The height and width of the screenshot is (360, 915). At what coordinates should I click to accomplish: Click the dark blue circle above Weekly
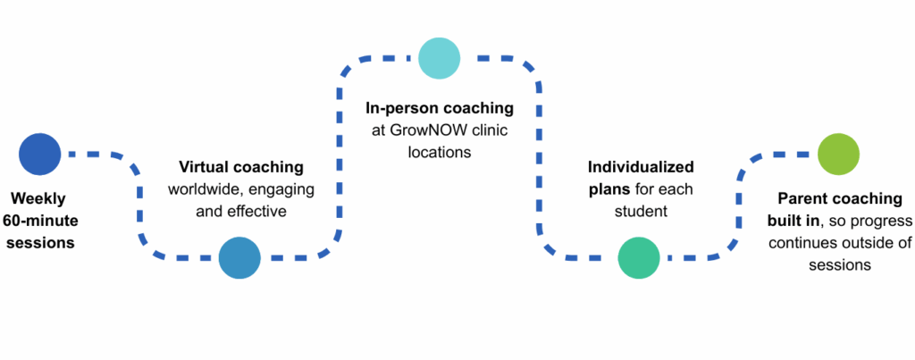coord(39,154)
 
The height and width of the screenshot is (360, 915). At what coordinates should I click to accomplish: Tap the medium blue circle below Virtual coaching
coord(239,257)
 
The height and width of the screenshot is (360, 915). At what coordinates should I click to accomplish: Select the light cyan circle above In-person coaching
coord(439,58)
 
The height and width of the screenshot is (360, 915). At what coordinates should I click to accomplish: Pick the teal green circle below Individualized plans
coord(639,257)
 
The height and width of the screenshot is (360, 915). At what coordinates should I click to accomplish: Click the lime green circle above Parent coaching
coord(838,154)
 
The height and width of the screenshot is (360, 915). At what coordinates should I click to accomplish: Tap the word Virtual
coord(203,167)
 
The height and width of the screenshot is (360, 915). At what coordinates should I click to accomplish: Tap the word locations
coord(439,152)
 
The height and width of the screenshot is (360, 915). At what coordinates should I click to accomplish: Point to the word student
coord(640,212)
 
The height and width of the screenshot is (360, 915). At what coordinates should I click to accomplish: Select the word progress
coord(880,221)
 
